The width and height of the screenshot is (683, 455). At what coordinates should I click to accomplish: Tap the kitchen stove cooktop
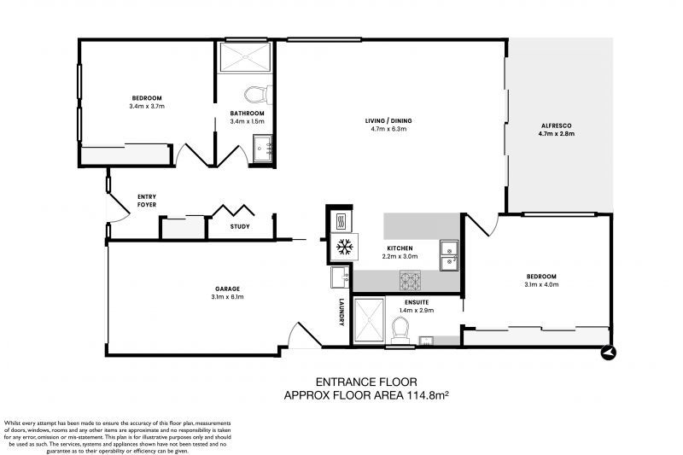[x=410, y=278]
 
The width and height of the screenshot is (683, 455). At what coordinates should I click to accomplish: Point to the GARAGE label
[x=227, y=289]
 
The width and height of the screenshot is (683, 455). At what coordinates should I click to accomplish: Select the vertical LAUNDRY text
[x=341, y=311]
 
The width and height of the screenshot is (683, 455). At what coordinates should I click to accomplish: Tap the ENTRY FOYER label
[x=146, y=201]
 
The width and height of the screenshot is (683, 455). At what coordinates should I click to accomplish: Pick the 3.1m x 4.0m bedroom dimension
[x=541, y=285]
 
